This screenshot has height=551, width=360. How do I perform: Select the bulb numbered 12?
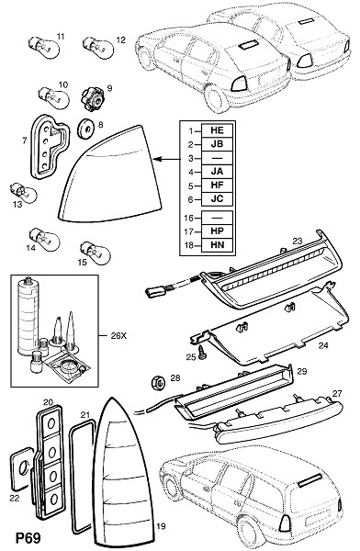(x=98, y=47)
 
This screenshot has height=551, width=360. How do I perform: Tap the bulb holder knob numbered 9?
(x=93, y=100)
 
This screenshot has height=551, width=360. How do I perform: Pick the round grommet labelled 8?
(x=85, y=129)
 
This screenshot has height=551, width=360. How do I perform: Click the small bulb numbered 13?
(x=23, y=193)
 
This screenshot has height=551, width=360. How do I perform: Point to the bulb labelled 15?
(x=95, y=252)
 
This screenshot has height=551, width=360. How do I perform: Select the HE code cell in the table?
(x=217, y=130)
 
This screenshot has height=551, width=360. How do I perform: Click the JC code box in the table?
(x=217, y=199)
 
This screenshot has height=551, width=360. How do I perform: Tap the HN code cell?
(x=217, y=244)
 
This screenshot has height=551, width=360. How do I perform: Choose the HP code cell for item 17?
(x=217, y=231)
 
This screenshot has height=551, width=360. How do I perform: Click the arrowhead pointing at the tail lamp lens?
(x=157, y=159)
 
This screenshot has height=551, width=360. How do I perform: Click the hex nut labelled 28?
(x=158, y=382)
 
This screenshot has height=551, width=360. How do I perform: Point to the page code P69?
(x=28, y=537)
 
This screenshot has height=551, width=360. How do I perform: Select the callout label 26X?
(x=118, y=335)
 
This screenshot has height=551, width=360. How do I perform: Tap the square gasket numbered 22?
(x=21, y=469)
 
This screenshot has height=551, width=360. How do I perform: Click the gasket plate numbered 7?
(x=48, y=146)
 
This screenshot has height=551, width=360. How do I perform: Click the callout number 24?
(x=323, y=345)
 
